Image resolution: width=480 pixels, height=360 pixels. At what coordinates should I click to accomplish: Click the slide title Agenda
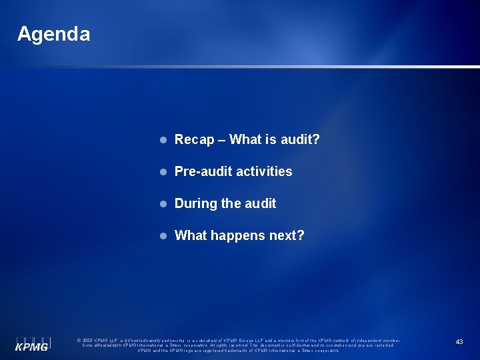coord(53,34)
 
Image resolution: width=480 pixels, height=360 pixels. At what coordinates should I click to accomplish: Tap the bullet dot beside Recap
coord(162,140)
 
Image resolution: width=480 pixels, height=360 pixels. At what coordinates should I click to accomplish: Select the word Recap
coord(195,139)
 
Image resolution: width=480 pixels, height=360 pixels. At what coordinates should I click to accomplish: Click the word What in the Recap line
coord(248,139)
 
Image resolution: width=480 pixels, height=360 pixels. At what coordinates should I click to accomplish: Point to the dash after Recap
coord(223,140)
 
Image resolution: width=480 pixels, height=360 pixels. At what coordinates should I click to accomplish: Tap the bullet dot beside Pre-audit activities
coord(162,172)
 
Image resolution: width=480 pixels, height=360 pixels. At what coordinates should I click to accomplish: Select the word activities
coord(265,171)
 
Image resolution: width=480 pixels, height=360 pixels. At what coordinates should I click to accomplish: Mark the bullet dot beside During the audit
coord(162,204)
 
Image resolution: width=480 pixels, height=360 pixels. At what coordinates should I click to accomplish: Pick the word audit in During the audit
coord(261,203)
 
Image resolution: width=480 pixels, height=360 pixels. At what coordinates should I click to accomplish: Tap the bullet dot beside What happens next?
coord(162,236)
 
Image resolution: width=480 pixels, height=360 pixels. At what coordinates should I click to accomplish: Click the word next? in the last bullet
coord(287,235)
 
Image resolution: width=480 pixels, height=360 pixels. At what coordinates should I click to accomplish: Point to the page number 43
coord(459,341)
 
